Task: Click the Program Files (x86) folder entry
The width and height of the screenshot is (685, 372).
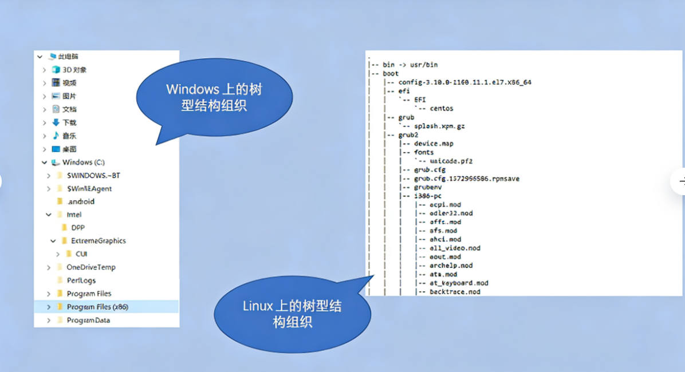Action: pos(97,307)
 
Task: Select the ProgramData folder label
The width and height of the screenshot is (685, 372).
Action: pos(88,320)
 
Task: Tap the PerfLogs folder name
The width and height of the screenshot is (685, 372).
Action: pos(81,280)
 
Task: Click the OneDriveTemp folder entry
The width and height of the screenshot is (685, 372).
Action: pos(90,267)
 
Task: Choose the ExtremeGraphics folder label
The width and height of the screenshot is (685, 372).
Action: pos(98,241)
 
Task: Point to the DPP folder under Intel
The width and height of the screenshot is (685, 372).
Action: pos(78,228)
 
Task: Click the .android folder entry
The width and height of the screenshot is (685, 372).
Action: pos(81,201)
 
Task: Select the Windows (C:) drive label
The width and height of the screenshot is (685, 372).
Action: pos(83,163)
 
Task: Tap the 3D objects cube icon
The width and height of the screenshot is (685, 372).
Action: pos(56,70)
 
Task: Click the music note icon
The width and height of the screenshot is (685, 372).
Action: pos(56,136)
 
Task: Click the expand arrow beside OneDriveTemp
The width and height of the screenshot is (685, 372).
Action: pos(49,267)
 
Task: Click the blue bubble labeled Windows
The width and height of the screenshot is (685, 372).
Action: pos(214,97)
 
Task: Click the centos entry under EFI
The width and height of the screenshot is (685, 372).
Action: pos(442,109)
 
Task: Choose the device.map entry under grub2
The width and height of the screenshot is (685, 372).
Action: pos(434,144)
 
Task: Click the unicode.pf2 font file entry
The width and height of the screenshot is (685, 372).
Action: pos(451,161)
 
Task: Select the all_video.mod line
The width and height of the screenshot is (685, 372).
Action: pos(455,248)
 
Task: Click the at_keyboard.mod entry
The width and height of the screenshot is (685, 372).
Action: pos(459,283)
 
